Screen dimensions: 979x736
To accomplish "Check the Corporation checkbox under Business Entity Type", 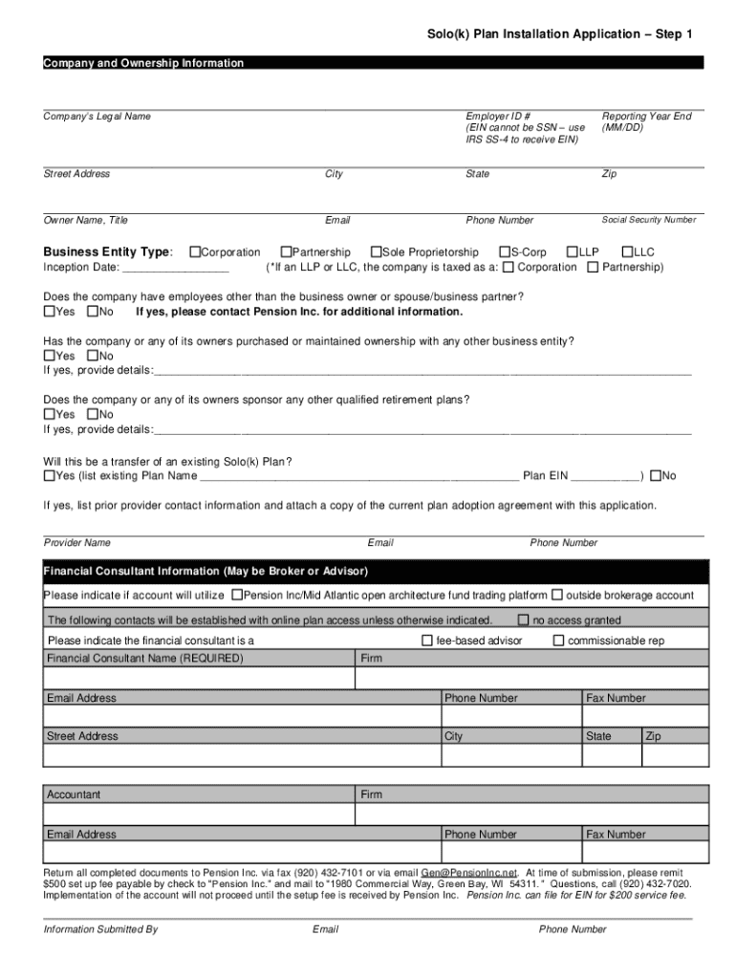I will (x=195, y=252).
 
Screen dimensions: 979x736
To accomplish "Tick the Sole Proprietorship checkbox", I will (x=376, y=252).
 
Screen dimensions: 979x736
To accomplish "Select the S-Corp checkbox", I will (x=504, y=252).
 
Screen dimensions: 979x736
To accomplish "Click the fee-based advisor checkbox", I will (x=427, y=641).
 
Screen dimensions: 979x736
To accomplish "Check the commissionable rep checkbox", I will (x=559, y=641).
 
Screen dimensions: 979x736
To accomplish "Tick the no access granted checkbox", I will (x=524, y=620).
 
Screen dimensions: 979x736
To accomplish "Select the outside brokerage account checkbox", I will (x=557, y=595).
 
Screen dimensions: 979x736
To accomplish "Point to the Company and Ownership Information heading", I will (x=143, y=63).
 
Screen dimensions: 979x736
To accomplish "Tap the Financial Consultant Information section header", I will (x=206, y=572).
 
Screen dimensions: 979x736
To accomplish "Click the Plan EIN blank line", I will (x=606, y=477).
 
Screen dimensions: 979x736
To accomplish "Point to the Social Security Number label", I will (x=648, y=220).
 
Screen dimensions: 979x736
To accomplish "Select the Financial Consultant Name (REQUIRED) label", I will (x=145, y=659).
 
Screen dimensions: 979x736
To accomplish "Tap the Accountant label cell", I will (x=74, y=794).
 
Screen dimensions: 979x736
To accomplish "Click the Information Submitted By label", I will (x=100, y=929).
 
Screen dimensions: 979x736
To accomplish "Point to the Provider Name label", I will (x=77, y=543).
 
